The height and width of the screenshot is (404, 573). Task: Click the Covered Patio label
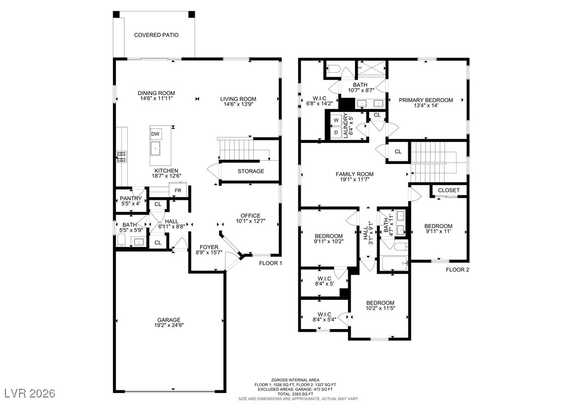[x=157, y=35]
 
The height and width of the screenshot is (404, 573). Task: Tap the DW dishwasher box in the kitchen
[x=155, y=134]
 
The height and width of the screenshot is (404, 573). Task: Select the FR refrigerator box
[x=178, y=190]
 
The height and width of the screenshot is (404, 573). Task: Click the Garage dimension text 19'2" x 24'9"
[x=169, y=325]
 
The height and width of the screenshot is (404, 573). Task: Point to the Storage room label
[x=251, y=171]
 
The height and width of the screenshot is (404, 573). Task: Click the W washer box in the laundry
[x=336, y=119]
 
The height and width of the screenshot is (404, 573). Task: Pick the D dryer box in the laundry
[x=336, y=132]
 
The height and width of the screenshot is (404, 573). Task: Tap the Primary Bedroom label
[x=426, y=100]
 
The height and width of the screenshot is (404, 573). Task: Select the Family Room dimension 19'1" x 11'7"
[x=354, y=180]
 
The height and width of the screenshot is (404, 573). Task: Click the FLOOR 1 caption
[x=271, y=263]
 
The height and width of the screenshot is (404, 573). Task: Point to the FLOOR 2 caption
[x=458, y=270]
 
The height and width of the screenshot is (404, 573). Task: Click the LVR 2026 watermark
[x=30, y=393]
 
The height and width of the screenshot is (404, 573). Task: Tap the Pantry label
[x=130, y=199]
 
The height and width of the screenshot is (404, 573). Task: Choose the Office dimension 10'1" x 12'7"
[x=250, y=221]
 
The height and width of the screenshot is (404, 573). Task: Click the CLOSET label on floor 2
[x=449, y=191]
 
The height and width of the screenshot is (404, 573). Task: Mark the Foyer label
[x=209, y=247]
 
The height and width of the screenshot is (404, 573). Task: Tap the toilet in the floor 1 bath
[x=121, y=240]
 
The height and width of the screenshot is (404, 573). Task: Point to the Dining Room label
[x=157, y=93]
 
